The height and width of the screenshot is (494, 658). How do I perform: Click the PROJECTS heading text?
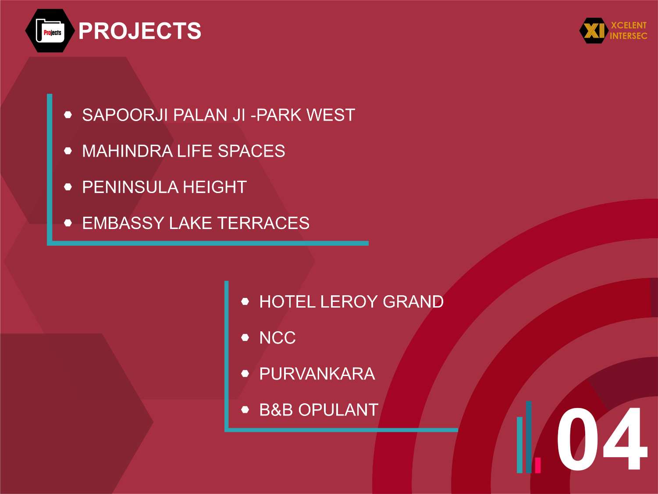click(140, 31)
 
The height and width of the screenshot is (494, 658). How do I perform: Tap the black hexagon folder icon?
click(50, 31)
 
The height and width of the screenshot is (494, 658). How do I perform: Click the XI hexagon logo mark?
click(594, 31)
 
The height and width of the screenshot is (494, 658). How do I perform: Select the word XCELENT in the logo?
click(629, 25)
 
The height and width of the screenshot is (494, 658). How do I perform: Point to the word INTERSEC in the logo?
click(629, 36)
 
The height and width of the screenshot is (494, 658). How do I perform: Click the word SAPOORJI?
click(125, 115)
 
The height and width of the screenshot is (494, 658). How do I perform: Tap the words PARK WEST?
click(306, 115)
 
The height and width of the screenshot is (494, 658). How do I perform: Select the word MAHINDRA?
click(128, 151)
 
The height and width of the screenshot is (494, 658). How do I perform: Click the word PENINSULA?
click(130, 187)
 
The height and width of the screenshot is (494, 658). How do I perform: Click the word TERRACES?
click(263, 223)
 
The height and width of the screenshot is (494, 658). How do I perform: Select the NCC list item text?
click(277, 338)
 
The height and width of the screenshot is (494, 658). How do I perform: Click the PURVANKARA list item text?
click(317, 374)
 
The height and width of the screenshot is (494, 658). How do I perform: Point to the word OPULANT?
click(338, 410)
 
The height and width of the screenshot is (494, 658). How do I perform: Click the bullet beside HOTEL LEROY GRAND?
click(245, 301)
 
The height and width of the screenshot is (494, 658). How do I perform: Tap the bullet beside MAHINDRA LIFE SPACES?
click(68, 150)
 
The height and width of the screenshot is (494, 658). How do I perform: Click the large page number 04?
click(601, 439)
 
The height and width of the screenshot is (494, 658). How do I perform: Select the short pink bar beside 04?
click(538, 465)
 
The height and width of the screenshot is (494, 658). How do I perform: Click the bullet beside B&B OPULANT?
click(245, 409)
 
